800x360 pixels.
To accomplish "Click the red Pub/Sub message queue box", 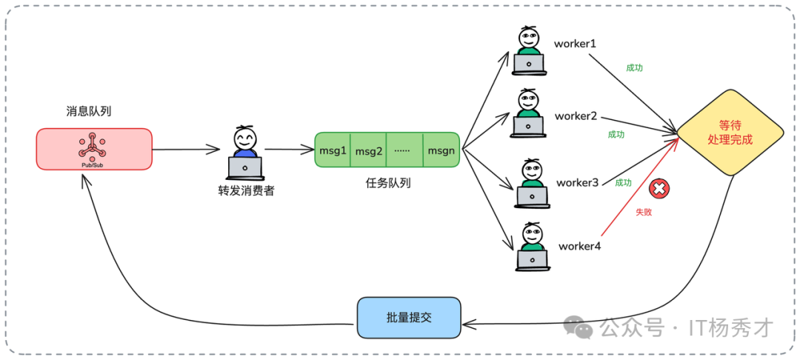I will (94, 149).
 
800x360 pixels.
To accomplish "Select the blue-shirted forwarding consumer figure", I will (245, 154).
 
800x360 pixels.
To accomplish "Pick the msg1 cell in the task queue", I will (333, 150).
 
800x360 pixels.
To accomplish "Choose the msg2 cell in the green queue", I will (369, 151).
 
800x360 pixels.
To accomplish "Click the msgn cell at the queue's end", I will (441, 150).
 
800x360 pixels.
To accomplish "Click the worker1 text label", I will (575, 43).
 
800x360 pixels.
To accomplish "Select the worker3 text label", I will (577, 182).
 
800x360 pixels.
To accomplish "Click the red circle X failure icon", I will (658, 189).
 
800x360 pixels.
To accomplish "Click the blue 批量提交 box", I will (408, 317).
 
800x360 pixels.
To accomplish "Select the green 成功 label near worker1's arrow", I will (634, 67).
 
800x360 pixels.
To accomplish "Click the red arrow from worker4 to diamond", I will (637, 193).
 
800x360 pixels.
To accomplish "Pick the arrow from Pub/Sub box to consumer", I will (188, 150).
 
